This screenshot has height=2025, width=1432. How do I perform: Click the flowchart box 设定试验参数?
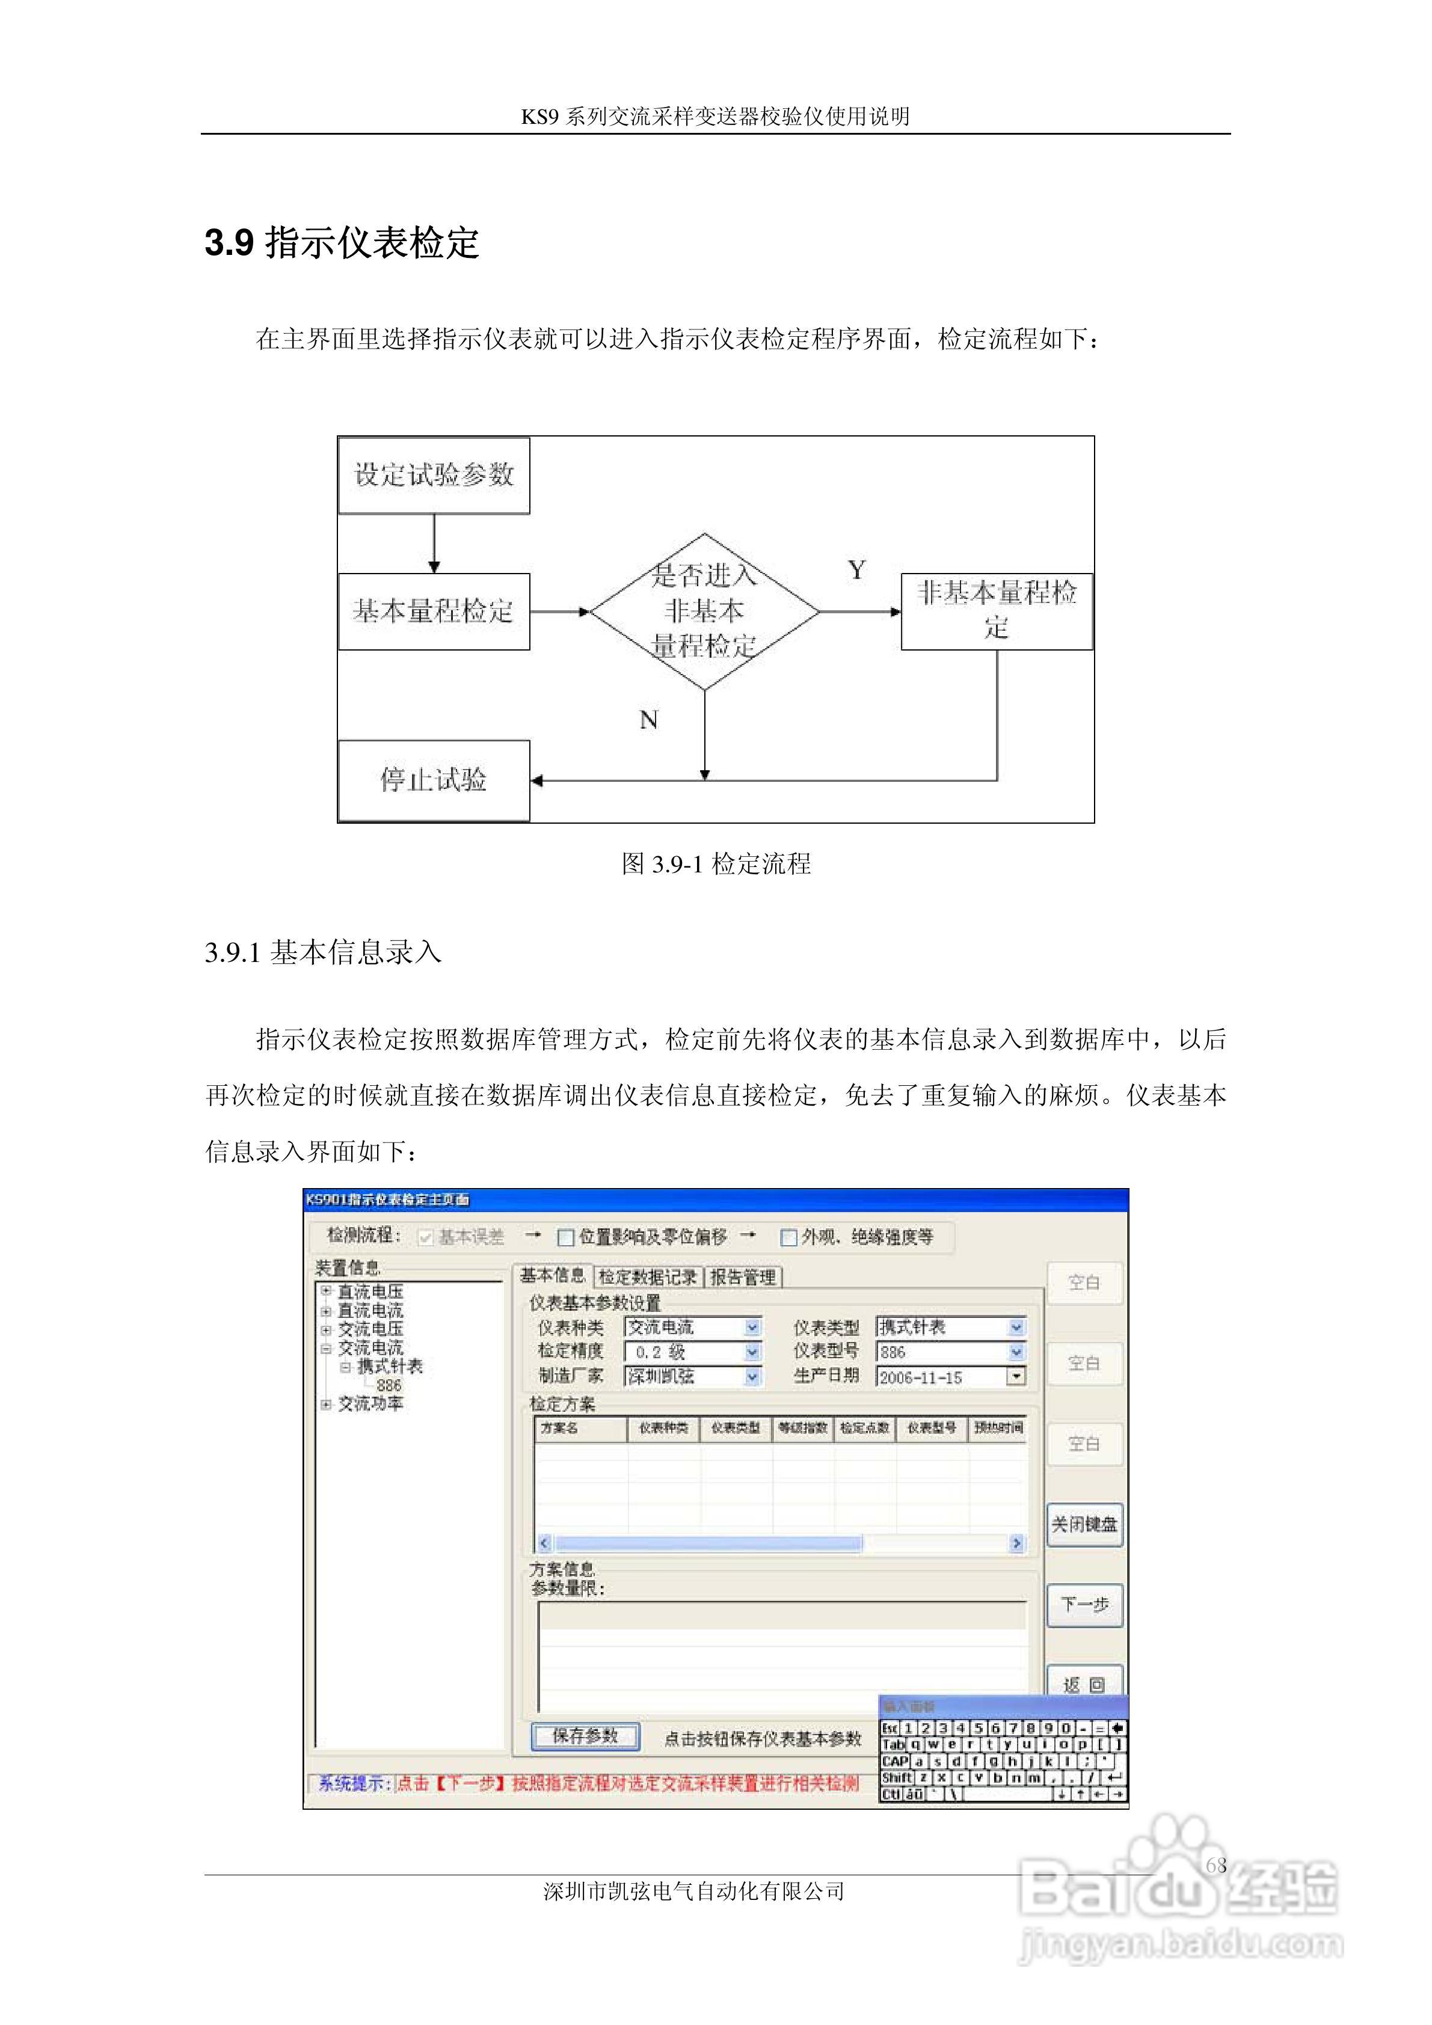(433, 476)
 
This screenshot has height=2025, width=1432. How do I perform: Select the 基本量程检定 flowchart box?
(433, 611)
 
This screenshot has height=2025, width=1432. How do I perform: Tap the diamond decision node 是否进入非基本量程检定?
(704, 611)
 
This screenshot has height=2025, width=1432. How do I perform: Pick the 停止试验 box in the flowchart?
(433, 780)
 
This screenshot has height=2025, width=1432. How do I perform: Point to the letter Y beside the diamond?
(856, 571)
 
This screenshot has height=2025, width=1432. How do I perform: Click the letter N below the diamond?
(648, 720)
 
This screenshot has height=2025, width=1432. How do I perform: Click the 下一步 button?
(1084, 1604)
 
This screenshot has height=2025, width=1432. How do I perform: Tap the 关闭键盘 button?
(1084, 1524)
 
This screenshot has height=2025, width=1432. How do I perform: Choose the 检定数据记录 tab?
(648, 1276)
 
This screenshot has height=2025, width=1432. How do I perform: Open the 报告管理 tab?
(743, 1276)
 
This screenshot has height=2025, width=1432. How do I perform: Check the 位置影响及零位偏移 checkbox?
(567, 1237)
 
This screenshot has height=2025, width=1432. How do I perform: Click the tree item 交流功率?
(370, 1403)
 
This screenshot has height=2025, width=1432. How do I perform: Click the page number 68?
(1216, 1864)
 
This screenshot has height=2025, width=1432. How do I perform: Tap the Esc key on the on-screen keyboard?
(890, 1729)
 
